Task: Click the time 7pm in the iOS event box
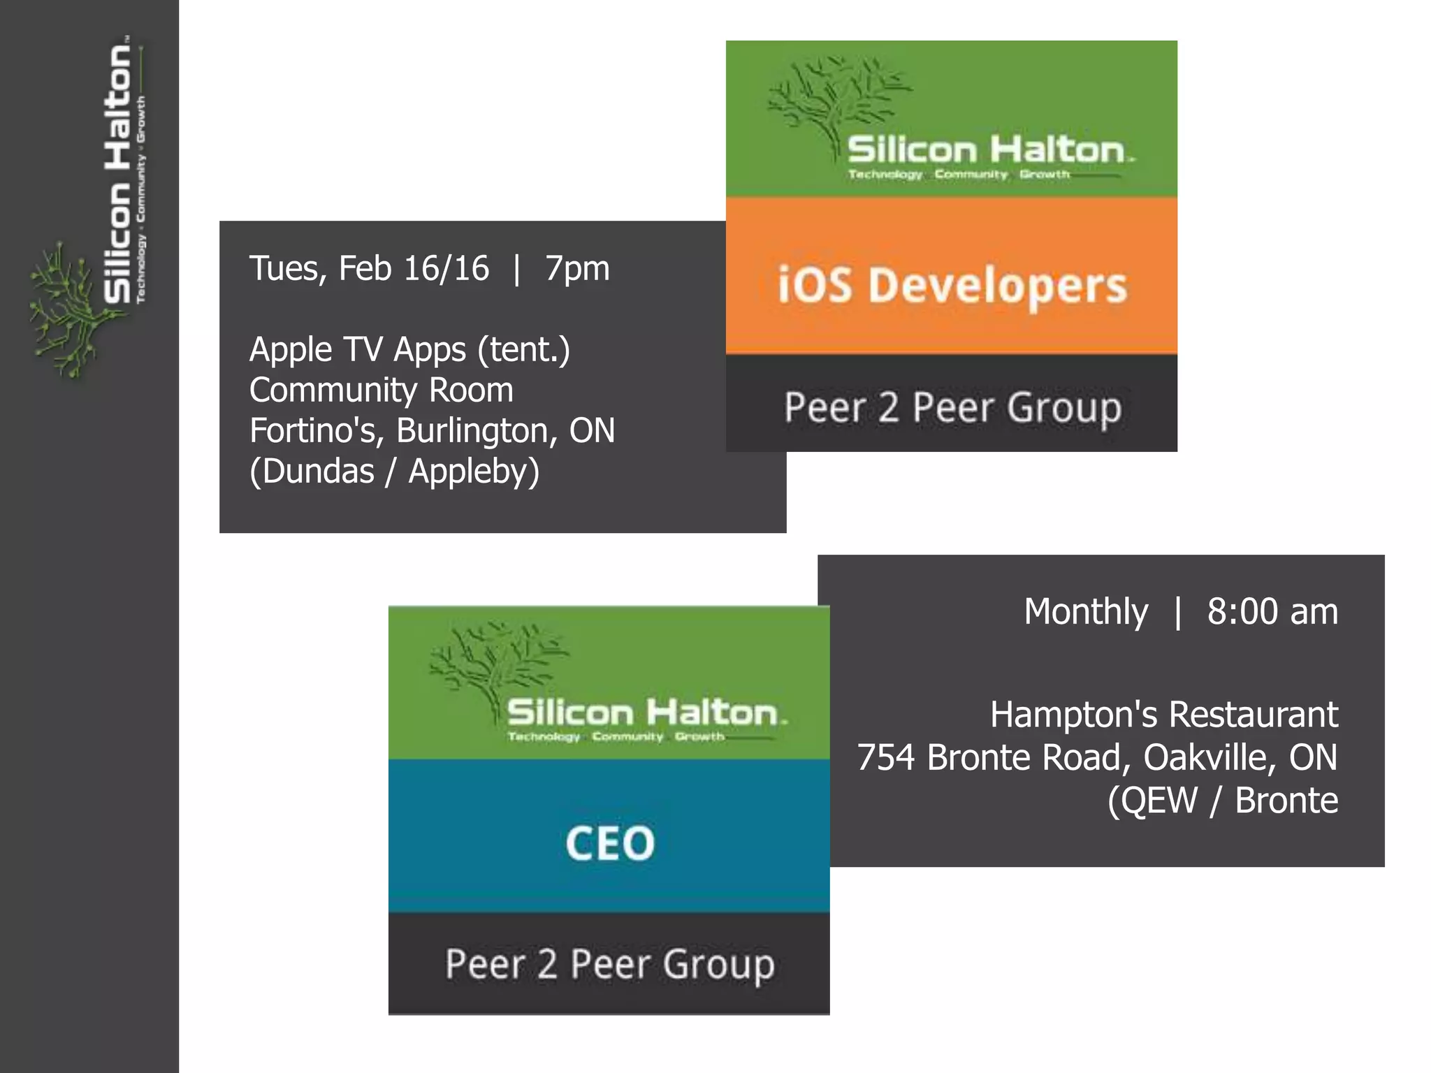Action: coord(577,269)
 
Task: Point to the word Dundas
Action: coord(318,472)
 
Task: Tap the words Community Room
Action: coord(382,390)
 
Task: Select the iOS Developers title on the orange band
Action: coord(952,286)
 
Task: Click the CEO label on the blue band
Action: coord(609,843)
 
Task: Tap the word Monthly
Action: coord(1086,612)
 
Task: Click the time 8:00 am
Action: coord(1272,612)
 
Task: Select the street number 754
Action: coord(886,758)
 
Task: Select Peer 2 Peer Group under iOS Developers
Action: coord(952,407)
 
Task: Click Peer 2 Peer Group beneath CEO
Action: coord(609,965)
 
